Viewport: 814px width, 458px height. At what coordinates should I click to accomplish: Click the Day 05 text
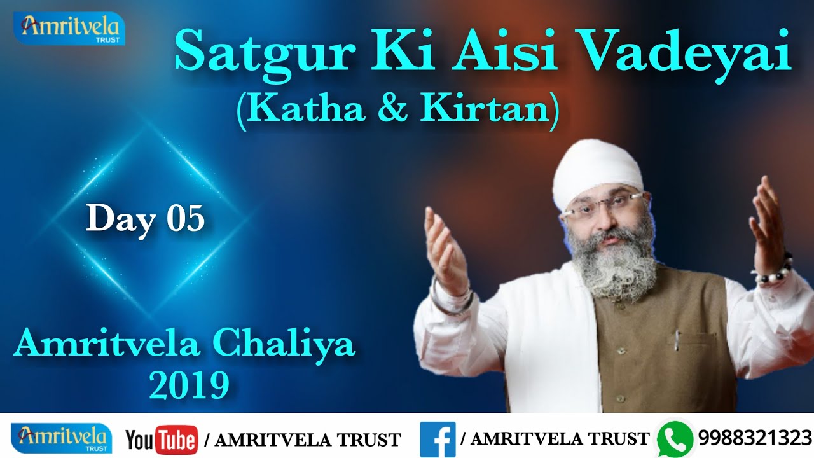click(146, 218)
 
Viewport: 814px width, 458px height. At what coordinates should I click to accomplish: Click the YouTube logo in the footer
click(162, 439)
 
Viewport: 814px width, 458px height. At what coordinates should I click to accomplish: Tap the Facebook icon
click(438, 438)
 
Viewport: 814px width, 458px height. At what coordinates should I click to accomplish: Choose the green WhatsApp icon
click(675, 438)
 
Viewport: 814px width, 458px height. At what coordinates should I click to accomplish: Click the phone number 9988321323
click(755, 438)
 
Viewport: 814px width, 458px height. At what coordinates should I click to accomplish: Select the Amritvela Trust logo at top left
click(70, 28)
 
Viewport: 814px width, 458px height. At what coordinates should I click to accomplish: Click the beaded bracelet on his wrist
click(773, 270)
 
